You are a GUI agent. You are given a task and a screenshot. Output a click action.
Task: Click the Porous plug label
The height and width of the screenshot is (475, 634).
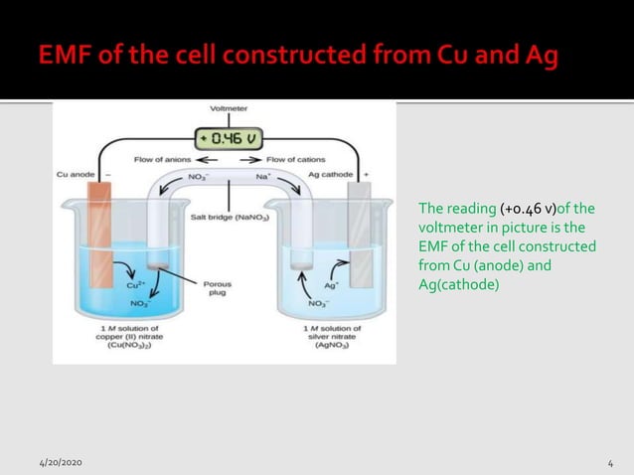pyautogui.click(x=218, y=288)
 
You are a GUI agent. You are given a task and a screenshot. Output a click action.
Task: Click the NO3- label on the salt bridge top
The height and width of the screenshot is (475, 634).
pyautogui.click(x=198, y=176)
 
